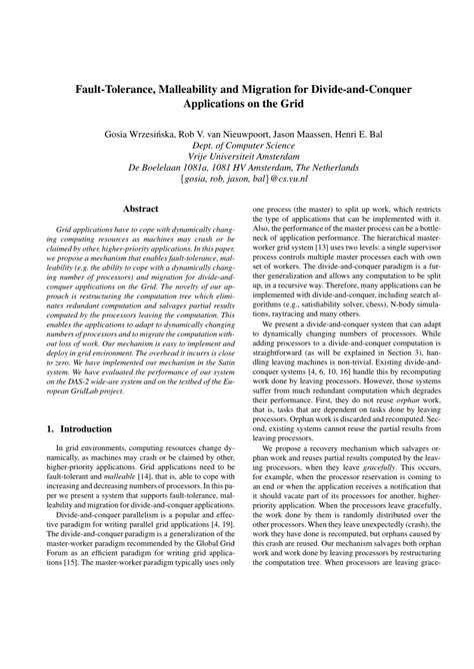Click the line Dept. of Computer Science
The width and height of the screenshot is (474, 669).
tap(237, 146)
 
